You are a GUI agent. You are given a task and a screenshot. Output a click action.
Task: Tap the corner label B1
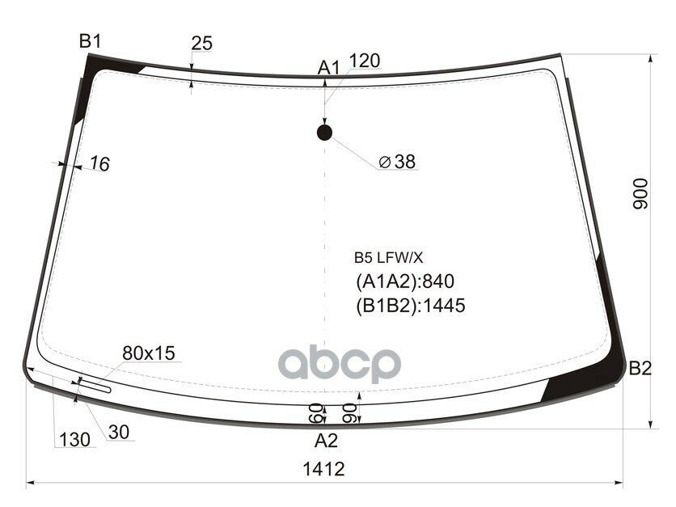[x=89, y=40]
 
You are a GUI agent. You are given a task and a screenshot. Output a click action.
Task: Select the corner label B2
[x=640, y=369]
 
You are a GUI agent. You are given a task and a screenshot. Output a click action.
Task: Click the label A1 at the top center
[x=327, y=68]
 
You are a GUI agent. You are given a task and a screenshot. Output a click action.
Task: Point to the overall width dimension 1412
[x=324, y=469]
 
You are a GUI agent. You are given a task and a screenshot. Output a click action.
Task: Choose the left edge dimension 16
[x=99, y=164]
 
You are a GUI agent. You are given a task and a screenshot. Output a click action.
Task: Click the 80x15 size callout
[x=148, y=353]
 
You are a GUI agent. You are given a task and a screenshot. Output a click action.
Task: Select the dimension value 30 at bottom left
[x=118, y=433]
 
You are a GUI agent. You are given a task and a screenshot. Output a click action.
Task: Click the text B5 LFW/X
[x=387, y=258]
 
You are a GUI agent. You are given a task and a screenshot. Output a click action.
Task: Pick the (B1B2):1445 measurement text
[x=411, y=306]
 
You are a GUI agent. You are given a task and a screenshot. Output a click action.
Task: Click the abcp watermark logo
[x=340, y=365]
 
